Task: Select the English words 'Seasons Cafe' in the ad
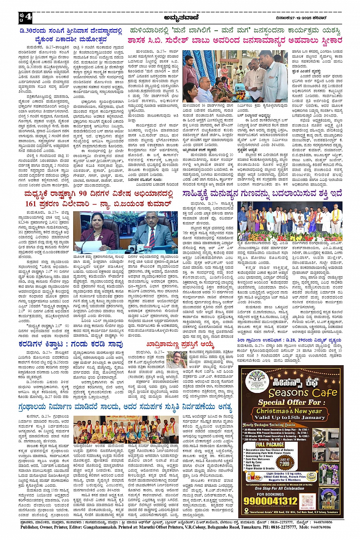[x=303, y=393]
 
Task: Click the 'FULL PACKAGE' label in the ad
[x=270, y=444]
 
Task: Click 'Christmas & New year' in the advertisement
[x=289, y=411]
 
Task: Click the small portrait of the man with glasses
[x=176, y=359]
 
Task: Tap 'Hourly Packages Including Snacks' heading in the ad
[x=269, y=425]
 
